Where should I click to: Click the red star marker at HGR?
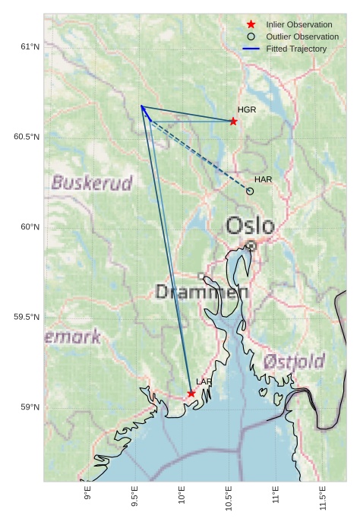tap(233, 122)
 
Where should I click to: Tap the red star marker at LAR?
tap(191, 394)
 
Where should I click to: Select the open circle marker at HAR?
tap(250, 191)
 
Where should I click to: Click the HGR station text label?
tap(247, 110)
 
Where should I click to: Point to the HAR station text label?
tap(263, 179)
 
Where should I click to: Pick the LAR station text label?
tap(204, 381)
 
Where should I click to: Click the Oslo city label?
tap(250, 226)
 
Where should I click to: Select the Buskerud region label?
tap(92, 183)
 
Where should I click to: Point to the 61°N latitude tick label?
tap(29, 47)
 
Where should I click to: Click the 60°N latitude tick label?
tap(29, 227)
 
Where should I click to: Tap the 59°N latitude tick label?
tap(29, 407)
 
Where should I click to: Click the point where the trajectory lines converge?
tap(141, 106)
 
